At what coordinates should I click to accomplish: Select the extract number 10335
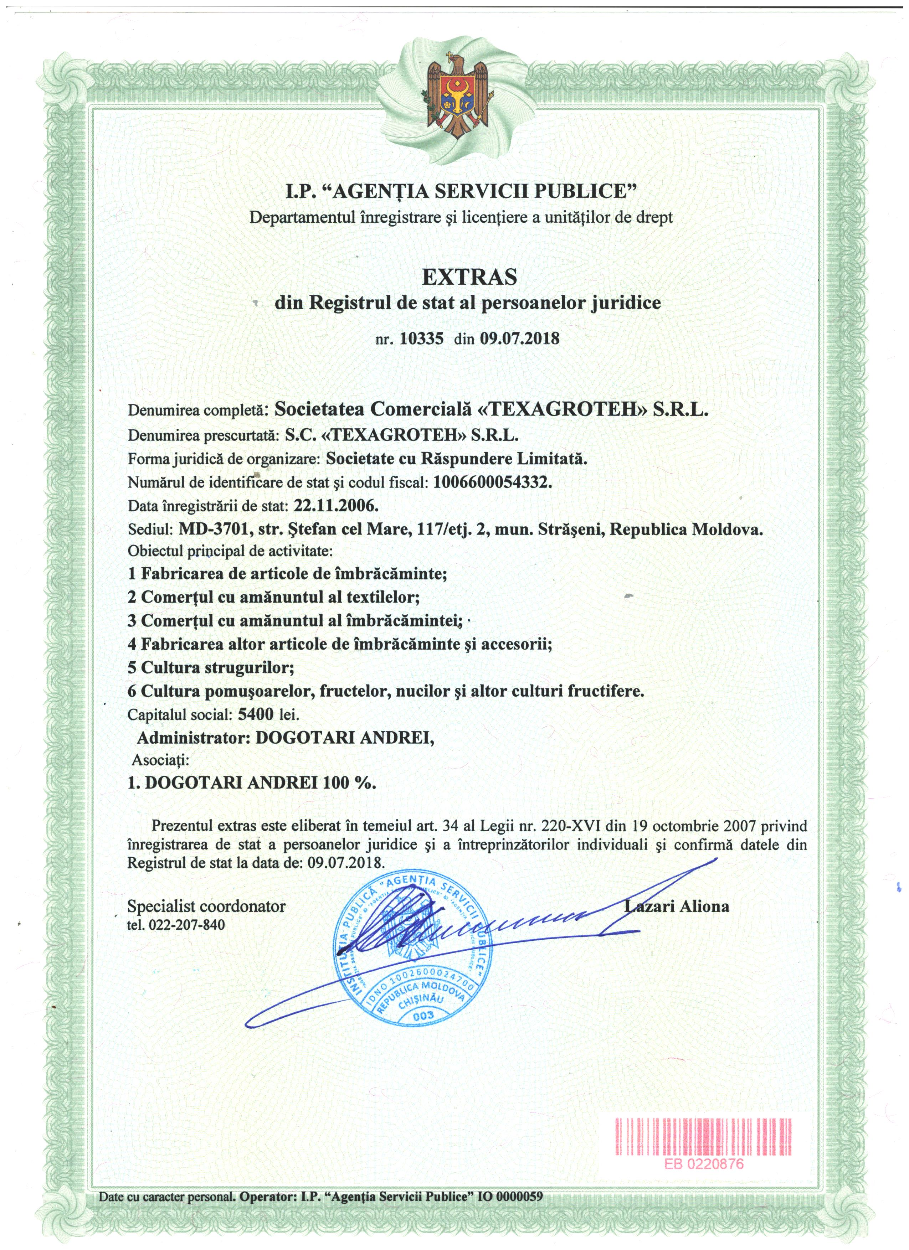click(421, 339)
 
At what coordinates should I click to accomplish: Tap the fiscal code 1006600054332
click(492, 482)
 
